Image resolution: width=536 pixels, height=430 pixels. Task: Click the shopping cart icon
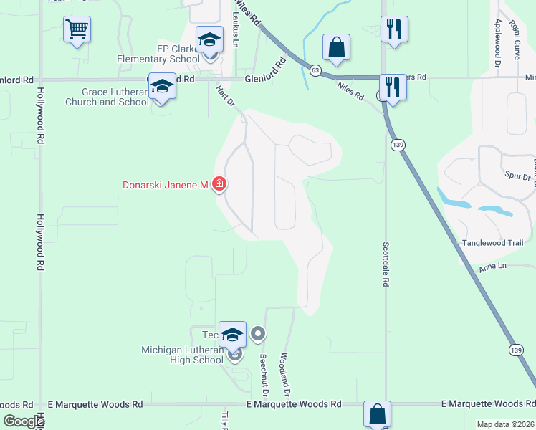click(77, 30)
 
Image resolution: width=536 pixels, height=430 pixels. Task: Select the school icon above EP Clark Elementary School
click(209, 39)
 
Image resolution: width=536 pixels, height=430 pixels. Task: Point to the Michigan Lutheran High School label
click(182, 355)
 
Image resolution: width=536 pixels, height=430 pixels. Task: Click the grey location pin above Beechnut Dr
click(259, 333)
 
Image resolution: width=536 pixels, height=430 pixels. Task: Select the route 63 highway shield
click(315, 70)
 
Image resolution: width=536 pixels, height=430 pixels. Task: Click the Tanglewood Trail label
click(492, 243)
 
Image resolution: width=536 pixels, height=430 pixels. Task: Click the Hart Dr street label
click(225, 97)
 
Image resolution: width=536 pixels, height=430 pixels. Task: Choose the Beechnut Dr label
click(264, 376)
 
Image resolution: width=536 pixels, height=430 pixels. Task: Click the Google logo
click(24, 421)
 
